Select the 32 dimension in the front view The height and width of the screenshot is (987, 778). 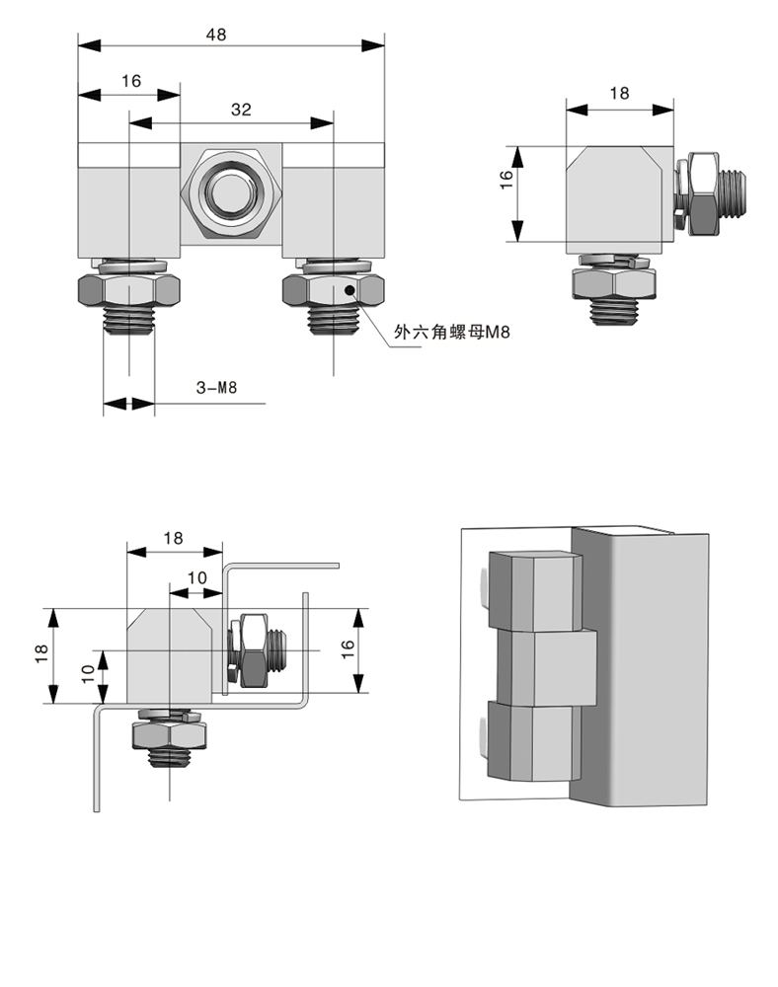241,111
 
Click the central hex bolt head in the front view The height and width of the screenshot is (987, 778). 231,189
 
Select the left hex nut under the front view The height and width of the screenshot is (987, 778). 128,290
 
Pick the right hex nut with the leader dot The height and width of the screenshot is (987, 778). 333,290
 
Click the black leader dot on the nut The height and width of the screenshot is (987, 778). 348,290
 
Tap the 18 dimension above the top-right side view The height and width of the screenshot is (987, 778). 619,94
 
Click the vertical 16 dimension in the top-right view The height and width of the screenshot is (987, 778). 506,179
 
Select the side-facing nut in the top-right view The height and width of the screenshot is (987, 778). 704,192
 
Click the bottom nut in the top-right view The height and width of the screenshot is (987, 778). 615,283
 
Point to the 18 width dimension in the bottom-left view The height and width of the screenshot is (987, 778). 174,538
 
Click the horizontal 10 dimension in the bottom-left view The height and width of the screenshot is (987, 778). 196,577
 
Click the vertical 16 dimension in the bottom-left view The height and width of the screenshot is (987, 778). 346,648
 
